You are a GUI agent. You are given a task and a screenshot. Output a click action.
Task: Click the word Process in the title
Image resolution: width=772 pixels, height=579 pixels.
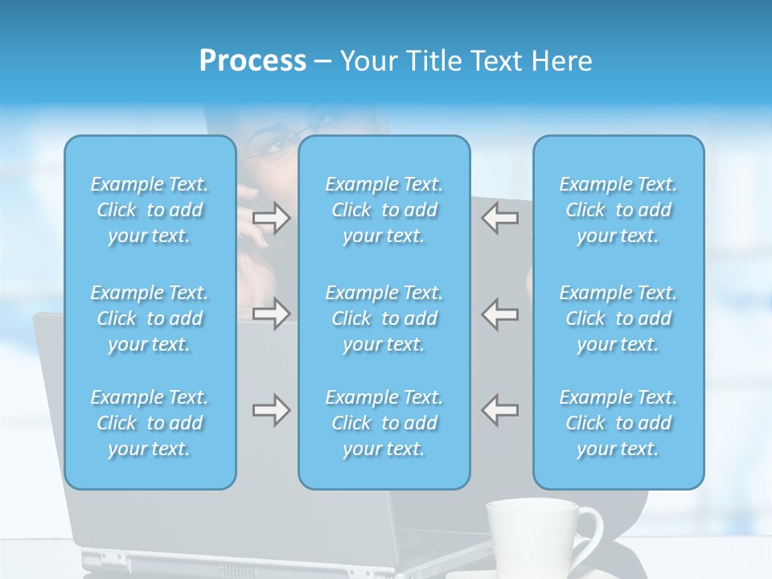point(253,61)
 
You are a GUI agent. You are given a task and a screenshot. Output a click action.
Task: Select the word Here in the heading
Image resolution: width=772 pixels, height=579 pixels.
point(562,61)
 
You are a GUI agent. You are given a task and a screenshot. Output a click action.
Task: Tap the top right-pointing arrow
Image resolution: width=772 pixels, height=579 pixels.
point(271,218)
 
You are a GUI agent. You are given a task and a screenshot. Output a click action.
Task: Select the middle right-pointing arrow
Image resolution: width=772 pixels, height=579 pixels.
point(271,314)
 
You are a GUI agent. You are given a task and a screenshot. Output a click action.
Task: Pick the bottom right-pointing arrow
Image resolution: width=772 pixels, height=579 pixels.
point(271,410)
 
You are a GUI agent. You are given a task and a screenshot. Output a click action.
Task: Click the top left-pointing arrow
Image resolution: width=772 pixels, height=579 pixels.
point(499,218)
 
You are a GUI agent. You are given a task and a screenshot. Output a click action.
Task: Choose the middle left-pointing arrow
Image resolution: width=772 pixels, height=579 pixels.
point(499,314)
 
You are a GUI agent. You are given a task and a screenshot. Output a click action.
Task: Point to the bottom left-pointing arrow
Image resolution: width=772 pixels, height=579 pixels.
point(499,410)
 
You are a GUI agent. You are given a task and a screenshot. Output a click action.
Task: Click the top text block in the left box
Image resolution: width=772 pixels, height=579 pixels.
point(150,210)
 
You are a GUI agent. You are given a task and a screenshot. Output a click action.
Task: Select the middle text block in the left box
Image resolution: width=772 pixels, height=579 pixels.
point(150,318)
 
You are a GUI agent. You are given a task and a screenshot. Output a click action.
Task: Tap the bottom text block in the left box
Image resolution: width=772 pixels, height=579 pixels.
point(150,423)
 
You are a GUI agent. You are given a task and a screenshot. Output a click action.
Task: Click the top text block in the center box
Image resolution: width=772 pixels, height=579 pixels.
point(384,210)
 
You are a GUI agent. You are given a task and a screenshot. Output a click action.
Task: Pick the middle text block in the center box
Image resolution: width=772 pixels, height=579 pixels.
point(384,318)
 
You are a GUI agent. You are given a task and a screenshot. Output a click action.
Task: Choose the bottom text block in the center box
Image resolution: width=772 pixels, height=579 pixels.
point(384,423)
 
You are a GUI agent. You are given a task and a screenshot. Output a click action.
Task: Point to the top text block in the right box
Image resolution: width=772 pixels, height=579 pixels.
point(618,210)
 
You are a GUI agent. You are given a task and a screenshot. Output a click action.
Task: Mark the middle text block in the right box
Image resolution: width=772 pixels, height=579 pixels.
point(618,318)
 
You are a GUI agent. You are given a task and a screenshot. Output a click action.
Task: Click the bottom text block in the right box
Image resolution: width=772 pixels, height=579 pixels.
point(618,423)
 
